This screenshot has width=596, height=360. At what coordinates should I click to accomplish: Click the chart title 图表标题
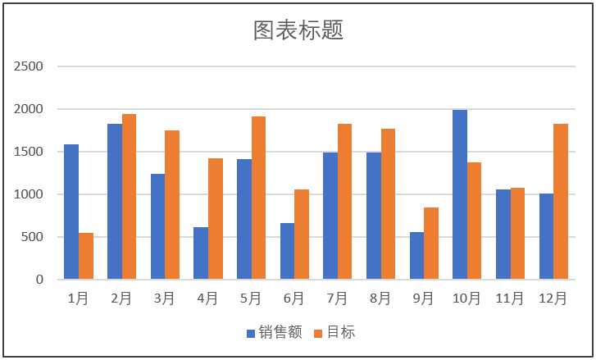[298, 30]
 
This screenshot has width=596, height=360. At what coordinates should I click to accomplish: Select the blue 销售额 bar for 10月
[460, 195]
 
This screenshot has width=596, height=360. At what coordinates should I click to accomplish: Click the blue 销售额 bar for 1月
[71, 212]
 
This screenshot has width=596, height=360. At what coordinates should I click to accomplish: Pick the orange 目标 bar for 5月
[258, 198]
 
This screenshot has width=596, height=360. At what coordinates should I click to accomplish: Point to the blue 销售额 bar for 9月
[416, 256]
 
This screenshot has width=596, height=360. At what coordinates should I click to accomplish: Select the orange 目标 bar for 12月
[561, 202]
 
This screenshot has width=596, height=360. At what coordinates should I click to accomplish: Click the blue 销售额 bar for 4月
[201, 253]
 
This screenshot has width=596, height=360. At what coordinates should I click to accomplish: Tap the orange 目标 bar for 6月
[302, 235]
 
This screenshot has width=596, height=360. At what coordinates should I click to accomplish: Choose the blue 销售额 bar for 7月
[330, 216]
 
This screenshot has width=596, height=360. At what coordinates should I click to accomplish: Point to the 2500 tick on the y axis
[30, 66]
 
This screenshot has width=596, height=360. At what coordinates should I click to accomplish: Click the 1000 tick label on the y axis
[30, 194]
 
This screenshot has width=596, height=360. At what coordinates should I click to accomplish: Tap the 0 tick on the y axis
[39, 280]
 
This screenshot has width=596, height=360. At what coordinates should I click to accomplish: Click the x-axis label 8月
[380, 299]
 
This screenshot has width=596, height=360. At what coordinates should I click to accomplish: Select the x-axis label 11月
[510, 299]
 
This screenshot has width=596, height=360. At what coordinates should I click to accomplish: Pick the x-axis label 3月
[165, 299]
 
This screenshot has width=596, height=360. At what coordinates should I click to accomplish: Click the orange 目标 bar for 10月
[475, 221]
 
